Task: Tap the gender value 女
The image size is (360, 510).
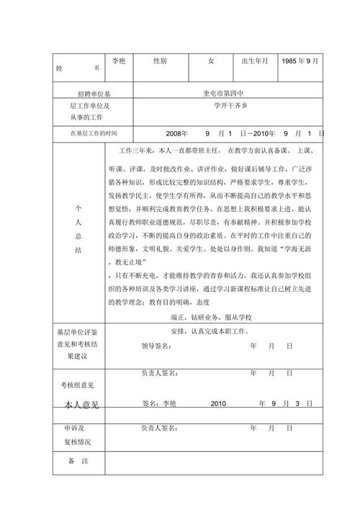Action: (x=211, y=61)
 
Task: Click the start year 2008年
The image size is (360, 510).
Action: (x=176, y=134)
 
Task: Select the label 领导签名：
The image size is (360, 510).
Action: (x=156, y=346)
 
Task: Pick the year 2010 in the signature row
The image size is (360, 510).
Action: (x=218, y=403)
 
